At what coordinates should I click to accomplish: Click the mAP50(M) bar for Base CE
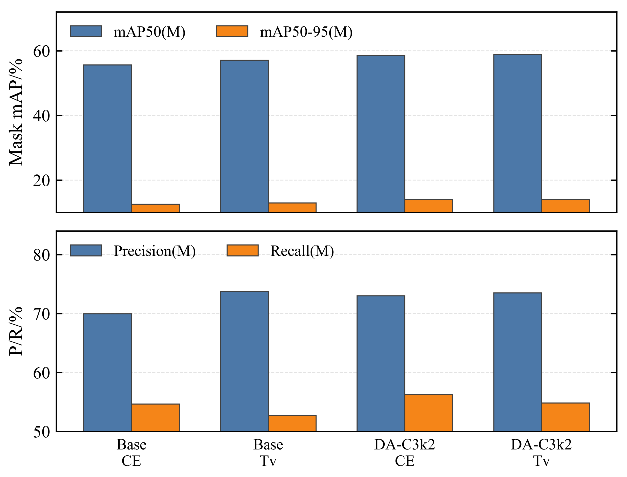108,139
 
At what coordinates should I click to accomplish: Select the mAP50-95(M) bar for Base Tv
292,208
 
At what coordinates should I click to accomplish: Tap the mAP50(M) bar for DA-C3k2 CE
381,134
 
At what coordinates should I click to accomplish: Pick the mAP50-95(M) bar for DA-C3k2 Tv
565,206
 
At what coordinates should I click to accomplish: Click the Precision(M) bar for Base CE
108,373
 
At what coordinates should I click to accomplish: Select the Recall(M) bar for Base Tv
292,424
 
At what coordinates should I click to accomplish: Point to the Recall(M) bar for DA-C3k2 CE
429,413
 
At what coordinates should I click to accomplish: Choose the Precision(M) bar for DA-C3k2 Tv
518,362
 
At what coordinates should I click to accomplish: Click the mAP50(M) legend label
149,32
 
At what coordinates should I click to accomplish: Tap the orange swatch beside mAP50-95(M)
232,31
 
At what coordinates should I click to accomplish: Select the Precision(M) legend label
155,251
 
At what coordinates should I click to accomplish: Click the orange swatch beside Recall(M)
243,250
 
